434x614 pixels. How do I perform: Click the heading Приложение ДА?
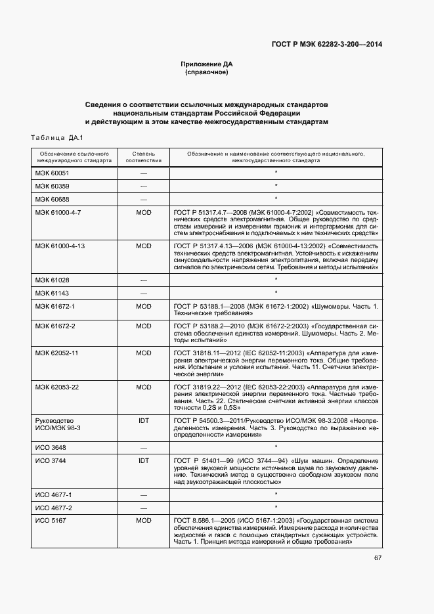coord(207,64)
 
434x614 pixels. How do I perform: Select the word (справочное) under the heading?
coord(207,72)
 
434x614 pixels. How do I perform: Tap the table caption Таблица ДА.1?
coord(55,137)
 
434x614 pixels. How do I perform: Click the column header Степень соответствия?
coord(143,156)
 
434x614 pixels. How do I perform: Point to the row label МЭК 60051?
coord(52,173)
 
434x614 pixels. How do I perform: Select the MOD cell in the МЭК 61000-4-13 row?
coord(143,246)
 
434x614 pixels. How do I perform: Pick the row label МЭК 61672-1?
coord(55,307)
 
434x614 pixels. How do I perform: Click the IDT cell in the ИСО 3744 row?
coord(143,461)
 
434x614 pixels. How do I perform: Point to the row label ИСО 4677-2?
coord(54,508)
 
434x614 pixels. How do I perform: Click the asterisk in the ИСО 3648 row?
coord(276,447)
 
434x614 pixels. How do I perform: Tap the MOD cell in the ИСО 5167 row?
coord(143,521)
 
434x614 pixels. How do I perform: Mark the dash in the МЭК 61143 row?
coord(143,293)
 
